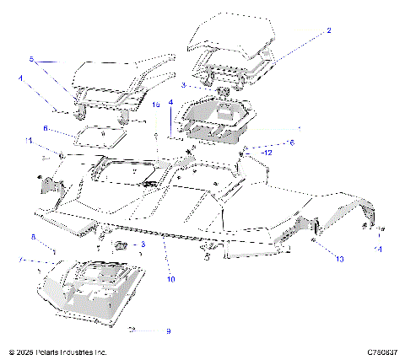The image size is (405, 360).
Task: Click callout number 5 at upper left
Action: click(x=31, y=60)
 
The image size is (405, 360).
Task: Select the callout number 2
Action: click(x=329, y=30)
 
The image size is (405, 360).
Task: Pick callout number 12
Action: click(x=267, y=153)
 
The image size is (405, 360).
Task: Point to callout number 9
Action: click(x=168, y=330)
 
